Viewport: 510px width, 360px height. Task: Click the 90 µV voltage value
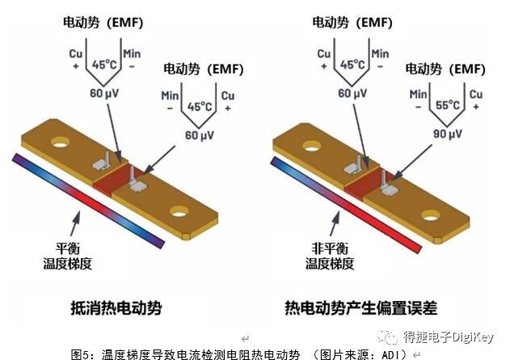coord(447,133)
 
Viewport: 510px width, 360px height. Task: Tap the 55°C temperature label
coord(448,105)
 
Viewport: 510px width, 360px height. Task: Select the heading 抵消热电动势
coord(116,307)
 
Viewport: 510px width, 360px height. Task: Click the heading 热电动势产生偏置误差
coord(361,307)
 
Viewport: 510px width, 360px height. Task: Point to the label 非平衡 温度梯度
coord(330,256)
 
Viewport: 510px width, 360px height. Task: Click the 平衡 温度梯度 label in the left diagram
coord(68,256)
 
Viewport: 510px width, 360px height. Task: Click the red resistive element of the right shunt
coord(369,183)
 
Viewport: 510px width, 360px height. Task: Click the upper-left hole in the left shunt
coord(61,142)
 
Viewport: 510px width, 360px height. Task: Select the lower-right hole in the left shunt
coord(179,212)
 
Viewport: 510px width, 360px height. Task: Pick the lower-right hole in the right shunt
coord(431,215)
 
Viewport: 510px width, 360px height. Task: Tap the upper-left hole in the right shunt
coord(312,146)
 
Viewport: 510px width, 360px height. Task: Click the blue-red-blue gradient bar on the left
coord(88,201)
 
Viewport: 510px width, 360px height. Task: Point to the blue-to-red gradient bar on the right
coord(346,205)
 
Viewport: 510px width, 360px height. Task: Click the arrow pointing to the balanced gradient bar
coord(75,223)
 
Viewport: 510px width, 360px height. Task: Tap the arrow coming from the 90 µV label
coord(411,162)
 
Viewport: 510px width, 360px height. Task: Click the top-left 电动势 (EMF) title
coord(103,23)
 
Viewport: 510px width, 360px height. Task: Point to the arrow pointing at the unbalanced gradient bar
coord(335,223)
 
